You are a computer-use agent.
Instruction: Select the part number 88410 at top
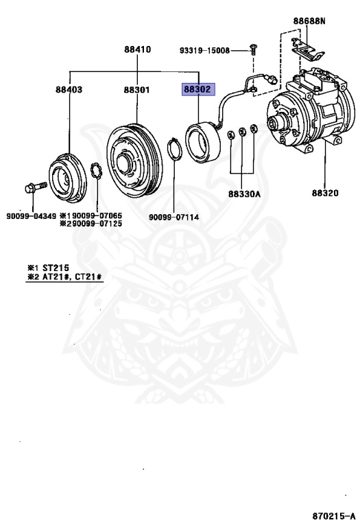pyautogui.click(x=137, y=49)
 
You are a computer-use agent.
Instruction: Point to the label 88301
pyautogui.click(x=137, y=90)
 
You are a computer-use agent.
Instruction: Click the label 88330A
pyautogui.click(x=245, y=194)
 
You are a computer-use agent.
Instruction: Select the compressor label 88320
pyautogui.click(x=325, y=194)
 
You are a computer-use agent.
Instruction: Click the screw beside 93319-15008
pyautogui.click(x=255, y=50)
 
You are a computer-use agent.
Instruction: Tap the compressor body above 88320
pyautogui.click(x=309, y=110)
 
